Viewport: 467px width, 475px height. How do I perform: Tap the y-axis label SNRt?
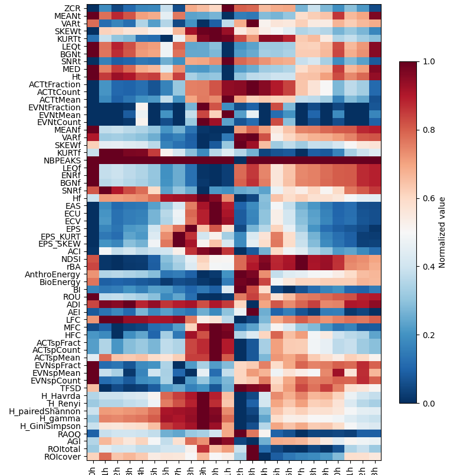click(x=70, y=61)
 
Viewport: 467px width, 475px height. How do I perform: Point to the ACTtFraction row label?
click(x=55, y=84)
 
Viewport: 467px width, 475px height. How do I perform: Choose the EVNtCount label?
click(x=60, y=122)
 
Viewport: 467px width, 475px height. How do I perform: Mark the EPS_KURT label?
click(x=60, y=236)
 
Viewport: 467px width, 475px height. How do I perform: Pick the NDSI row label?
click(x=71, y=258)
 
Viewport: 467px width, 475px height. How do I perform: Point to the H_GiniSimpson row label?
click(x=50, y=426)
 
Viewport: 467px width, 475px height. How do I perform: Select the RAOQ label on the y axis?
click(x=69, y=434)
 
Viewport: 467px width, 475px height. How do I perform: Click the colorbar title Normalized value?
click(x=442, y=232)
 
